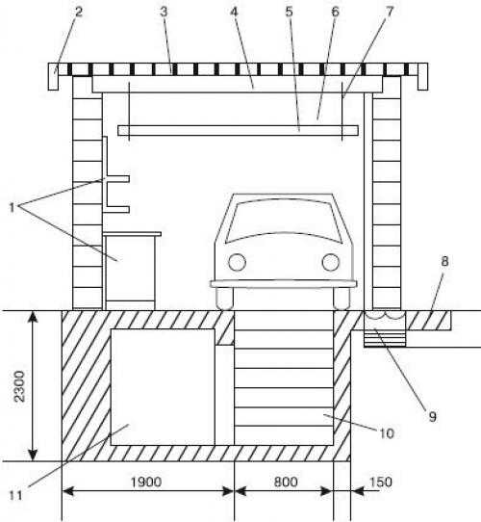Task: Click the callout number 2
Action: [79, 12]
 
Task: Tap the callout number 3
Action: [164, 12]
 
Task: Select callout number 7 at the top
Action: [390, 12]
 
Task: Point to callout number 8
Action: [444, 261]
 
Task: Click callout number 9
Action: [432, 416]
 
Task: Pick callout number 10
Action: [387, 433]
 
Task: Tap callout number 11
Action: [15, 496]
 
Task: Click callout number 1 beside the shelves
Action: [12, 208]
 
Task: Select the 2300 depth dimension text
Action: [20, 386]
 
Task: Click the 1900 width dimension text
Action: [146, 482]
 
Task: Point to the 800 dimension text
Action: [286, 482]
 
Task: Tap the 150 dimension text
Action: [381, 482]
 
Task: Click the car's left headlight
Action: [238, 262]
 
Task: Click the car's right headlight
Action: [331, 262]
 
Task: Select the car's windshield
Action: [284, 221]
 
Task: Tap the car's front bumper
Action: [284, 284]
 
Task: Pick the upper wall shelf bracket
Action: [117, 179]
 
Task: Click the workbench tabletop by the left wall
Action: [132, 234]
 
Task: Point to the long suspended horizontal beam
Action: [239, 130]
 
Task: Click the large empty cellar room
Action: [163, 387]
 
